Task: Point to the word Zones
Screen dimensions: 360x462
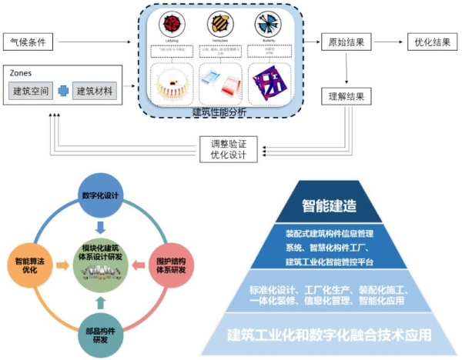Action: (x=22, y=72)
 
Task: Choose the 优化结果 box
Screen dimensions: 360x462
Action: (x=428, y=42)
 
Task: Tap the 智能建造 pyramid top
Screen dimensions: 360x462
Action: (x=350, y=205)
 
